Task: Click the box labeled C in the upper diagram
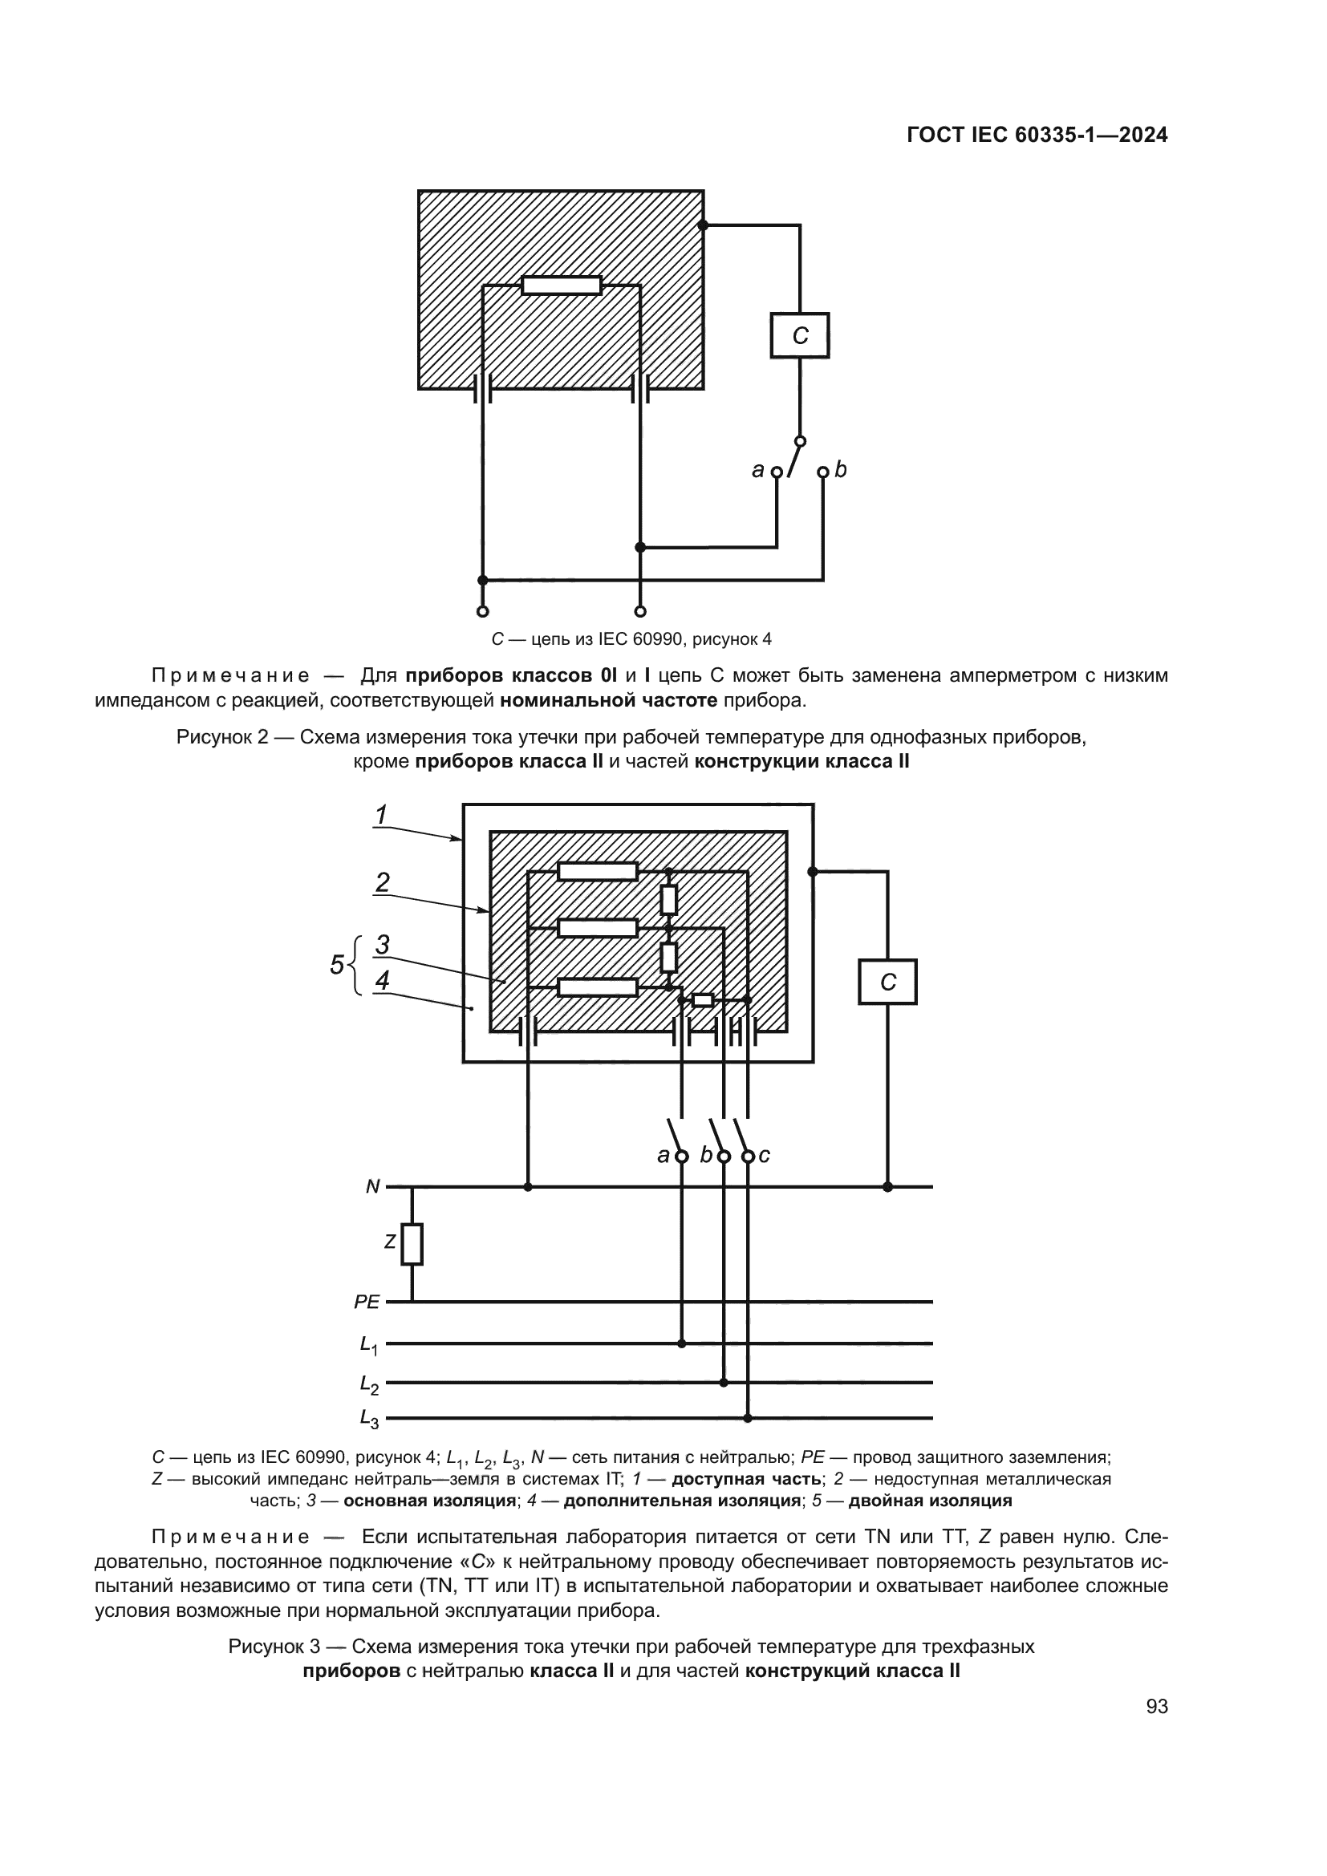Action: pos(799,336)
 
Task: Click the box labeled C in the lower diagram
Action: pos(887,983)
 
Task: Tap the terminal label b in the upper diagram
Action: pos(842,470)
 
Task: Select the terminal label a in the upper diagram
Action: pos(757,471)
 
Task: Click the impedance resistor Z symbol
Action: pos(412,1244)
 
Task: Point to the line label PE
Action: pos(367,1303)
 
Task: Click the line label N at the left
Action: pos(372,1186)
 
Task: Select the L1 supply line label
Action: pos(368,1345)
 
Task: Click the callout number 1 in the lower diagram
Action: pos(381,816)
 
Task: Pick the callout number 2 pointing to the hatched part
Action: pos(382,882)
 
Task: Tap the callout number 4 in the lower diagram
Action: pos(382,980)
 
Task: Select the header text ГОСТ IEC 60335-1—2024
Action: pos(1037,136)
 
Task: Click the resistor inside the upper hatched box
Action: pos(562,286)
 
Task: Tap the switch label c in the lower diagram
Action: pos(764,1155)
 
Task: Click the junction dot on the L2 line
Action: pos(723,1383)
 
